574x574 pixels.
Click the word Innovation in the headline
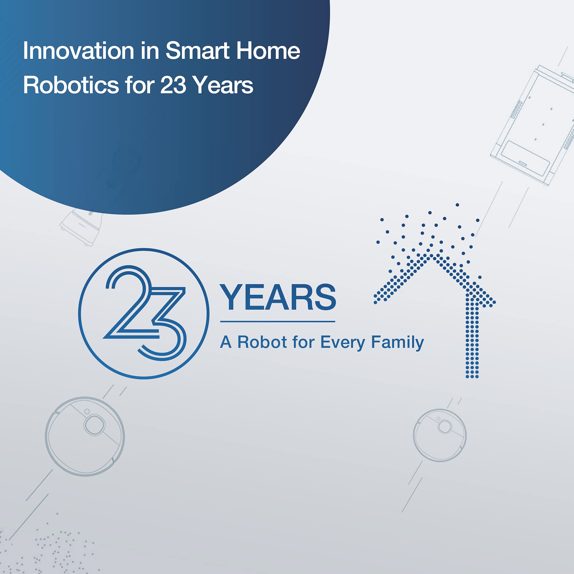78,51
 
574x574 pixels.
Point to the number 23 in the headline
173,85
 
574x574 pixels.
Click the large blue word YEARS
278,297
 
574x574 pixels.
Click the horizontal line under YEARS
278,321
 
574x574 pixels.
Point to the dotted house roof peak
431,255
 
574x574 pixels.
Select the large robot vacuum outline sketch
85,437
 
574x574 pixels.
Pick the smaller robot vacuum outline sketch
440,435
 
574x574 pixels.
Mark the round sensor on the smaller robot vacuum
445,427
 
